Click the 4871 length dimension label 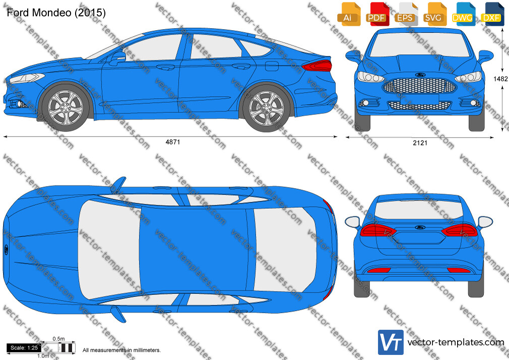tap(173, 142)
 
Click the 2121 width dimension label tap(420, 143)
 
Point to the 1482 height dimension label tap(500, 79)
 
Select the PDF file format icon tap(377, 14)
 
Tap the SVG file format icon tap(434, 14)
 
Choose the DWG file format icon tap(463, 14)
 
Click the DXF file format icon tap(492, 14)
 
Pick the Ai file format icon tap(349, 14)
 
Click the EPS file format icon tap(406, 14)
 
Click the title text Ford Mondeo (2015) tap(56, 13)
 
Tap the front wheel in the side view tap(65, 107)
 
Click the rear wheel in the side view tap(266, 107)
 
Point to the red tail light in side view tap(317, 66)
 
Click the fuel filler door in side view tap(272, 66)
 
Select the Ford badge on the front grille tap(421, 75)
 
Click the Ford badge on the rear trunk tap(420, 227)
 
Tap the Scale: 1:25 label tap(24, 348)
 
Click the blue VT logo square tap(391, 342)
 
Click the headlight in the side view tap(27, 78)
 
